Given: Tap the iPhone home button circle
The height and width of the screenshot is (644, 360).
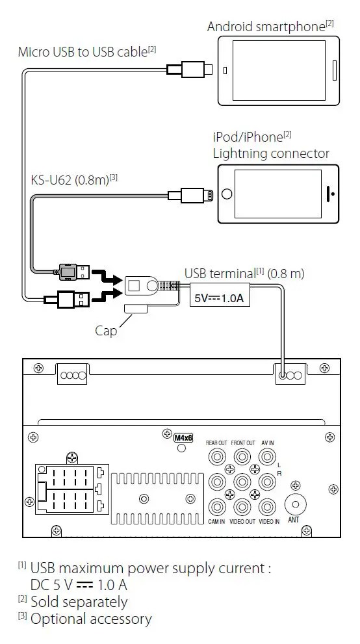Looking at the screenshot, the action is click(x=226, y=194).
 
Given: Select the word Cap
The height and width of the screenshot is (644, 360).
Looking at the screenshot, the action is click(x=106, y=331).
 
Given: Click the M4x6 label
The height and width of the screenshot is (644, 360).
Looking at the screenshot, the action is click(x=183, y=438).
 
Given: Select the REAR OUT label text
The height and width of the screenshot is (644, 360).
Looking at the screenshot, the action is click(x=216, y=443).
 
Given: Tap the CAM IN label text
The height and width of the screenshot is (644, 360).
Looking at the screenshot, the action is click(x=216, y=522).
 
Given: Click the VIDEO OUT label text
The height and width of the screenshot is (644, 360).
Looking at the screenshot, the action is click(x=242, y=522).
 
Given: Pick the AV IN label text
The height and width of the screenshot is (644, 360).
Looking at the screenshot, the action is click(x=267, y=443).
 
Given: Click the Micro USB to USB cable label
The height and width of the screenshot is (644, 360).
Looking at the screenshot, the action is click(x=87, y=52).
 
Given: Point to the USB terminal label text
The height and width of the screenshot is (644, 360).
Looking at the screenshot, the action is click(x=244, y=274).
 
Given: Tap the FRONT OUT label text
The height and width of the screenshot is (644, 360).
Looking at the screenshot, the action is click(x=243, y=443).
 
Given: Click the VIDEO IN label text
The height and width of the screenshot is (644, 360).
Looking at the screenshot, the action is click(x=269, y=522).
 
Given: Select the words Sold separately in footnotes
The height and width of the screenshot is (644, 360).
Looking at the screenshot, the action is click(x=79, y=602).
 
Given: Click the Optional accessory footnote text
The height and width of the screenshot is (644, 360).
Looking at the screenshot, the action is click(x=91, y=619).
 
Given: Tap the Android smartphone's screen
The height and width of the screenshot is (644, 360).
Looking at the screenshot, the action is click(x=279, y=70).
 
